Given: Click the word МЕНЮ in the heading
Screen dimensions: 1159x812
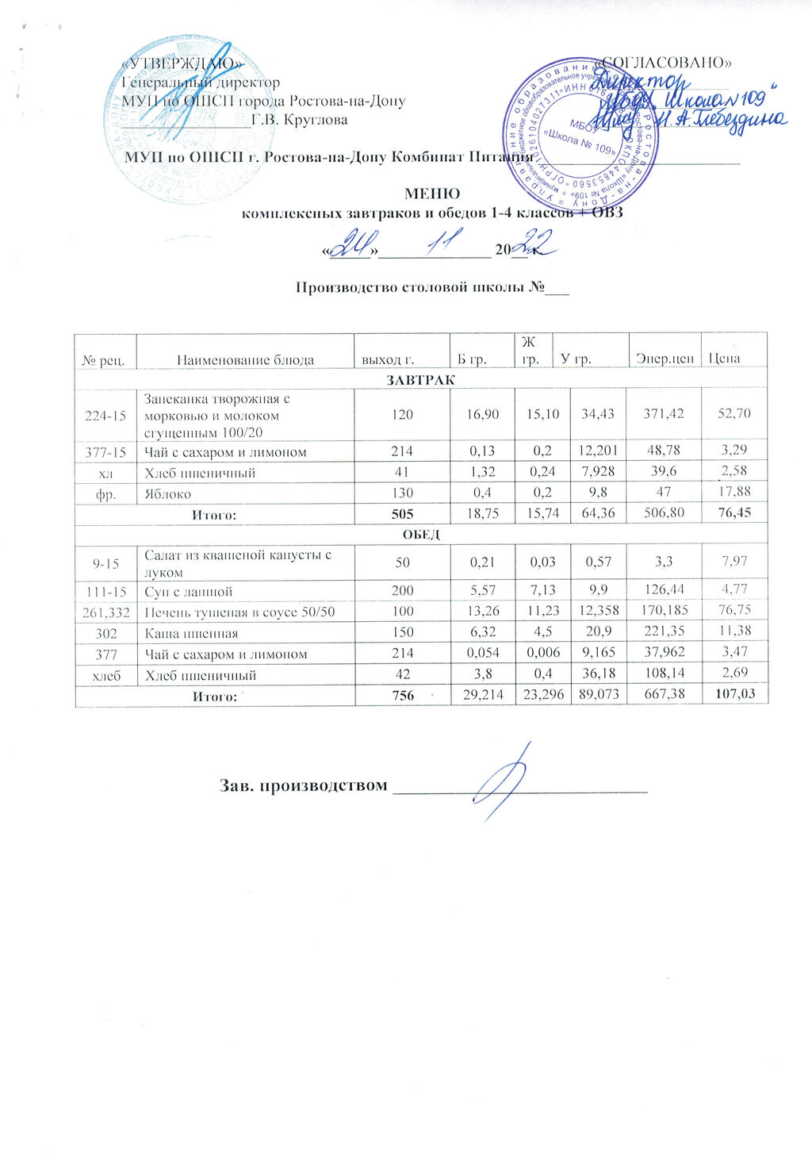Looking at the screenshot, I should (432, 194).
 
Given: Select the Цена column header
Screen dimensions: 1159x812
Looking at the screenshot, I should (724, 359).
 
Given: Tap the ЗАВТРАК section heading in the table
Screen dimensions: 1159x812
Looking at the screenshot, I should (420, 380).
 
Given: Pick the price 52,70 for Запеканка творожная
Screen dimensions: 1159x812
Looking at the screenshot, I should (733, 413).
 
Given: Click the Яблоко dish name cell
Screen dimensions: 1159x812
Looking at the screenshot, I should (167, 493).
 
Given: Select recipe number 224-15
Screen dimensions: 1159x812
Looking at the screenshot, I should (106, 413).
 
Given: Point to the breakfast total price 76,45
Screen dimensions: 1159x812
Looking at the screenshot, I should (733, 514).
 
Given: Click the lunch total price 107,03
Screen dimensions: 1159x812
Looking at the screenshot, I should (733, 696).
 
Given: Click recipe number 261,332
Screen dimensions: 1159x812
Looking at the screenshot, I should (106, 612).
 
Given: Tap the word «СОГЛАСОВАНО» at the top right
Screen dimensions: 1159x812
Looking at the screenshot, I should (665, 62).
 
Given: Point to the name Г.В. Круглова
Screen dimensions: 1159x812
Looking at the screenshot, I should (299, 121).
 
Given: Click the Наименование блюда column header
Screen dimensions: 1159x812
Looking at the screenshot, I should (245, 359).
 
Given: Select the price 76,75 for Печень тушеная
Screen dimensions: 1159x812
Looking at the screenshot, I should (733, 612).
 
